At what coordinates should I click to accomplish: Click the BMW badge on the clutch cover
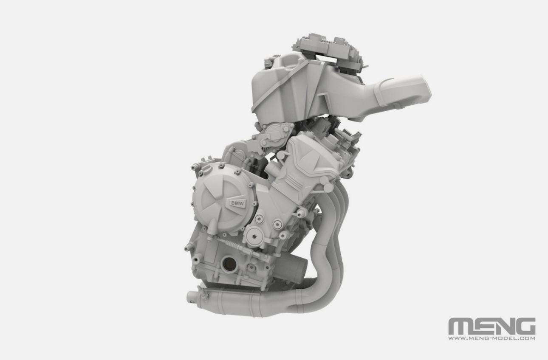238,203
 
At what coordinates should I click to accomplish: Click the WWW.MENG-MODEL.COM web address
492,338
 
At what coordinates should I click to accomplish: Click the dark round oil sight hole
228,263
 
